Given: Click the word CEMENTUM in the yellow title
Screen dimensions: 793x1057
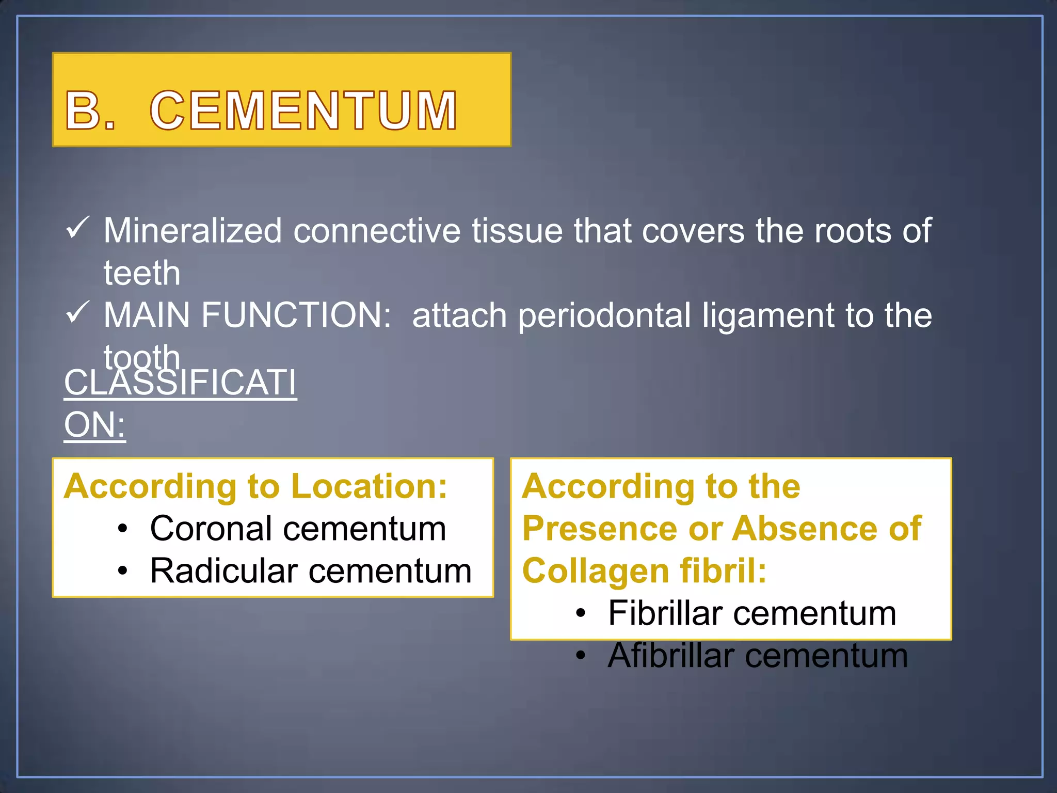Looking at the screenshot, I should [x=303, y=110].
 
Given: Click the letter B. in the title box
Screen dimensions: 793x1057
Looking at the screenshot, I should [x=90, y=110].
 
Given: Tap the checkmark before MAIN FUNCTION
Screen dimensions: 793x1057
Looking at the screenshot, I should [x=78, y=313].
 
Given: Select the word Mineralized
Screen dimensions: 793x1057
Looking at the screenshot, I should [x=193, y=230].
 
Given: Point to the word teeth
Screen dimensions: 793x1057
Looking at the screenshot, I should [x=142, y=273].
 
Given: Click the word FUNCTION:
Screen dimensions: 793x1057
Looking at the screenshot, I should [x=296, y=315].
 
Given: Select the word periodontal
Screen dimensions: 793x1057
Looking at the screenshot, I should [x=604, y=316].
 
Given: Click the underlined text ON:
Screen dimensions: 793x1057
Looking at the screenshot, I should [x=94, y=425].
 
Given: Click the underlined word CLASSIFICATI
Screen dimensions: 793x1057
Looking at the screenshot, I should [x=180, y=383].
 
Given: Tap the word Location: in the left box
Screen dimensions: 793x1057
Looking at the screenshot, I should [x=369, y=486].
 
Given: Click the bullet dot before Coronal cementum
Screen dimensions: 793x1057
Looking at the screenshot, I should [x=122, y=529].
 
